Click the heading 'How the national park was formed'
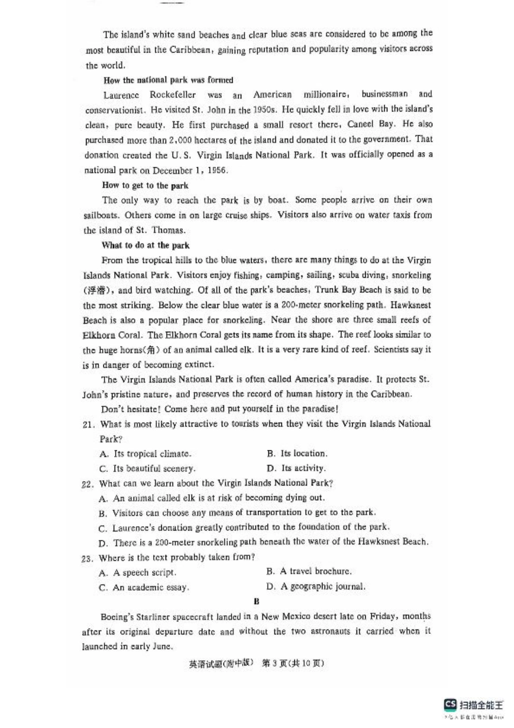(x=168, y=80)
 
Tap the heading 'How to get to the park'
(x=145, y=185)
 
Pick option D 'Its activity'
(x=296, y=468)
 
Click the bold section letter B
(x=256, y=601)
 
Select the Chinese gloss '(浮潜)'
(x=97, y=290)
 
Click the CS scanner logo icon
(x=450, y=704)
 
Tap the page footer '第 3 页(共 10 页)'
(x=293, y=663)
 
